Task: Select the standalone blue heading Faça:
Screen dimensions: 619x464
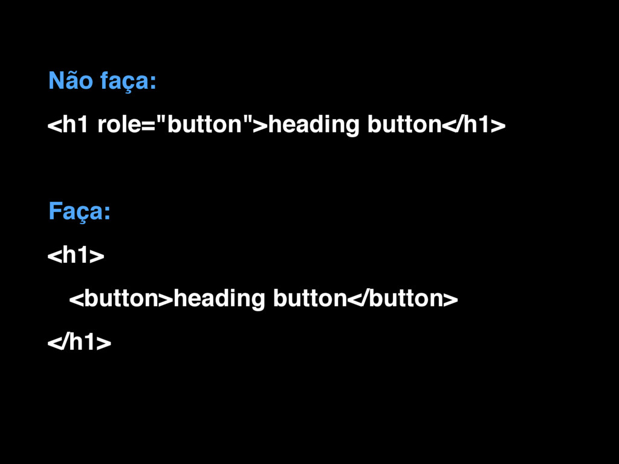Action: point(79,213)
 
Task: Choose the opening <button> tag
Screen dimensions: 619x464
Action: point(121,299)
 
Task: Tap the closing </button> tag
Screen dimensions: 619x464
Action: point(401,299)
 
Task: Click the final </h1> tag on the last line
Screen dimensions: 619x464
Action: point(79,343)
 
